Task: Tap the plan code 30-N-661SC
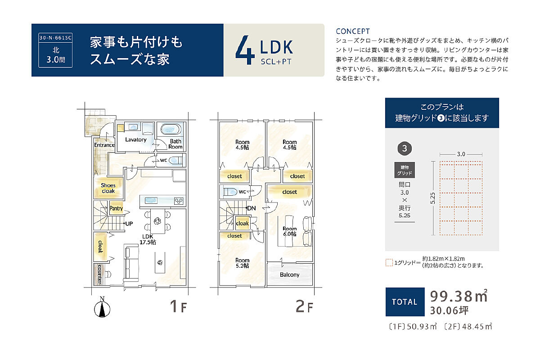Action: pyautogui.click(x=55, y=38)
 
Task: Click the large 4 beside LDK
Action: pyautogui.click(x=245, y=50)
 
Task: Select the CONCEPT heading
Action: pyautogui.click(x=353, y=31)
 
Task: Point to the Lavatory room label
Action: pyautogui.click(x=136, y=139)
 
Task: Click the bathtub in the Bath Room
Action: pyautogui.click(x=171, y=129)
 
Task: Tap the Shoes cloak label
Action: pyautogui.click(x=108, y=188)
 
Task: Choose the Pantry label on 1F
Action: pyautogui.click(x=116, y=208)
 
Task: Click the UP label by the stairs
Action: pyautogui.click(x=129, y=224)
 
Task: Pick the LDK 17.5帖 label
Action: pyautogui.click(x=148, y=239)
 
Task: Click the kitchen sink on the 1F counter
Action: pyautogui.click(x=151, y=200)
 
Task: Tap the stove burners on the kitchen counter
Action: pyautogui.click(x=179, y=201)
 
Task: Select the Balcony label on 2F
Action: pyautogui.click(x=289, y=274)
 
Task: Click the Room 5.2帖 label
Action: pyautogui.click(x=242, y=263)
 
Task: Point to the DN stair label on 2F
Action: pyautogui.click(x=252, y=208)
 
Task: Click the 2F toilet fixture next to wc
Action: pyautogui.click(x=230, y=192)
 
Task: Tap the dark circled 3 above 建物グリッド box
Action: pyautogui.click(x=405, y=148)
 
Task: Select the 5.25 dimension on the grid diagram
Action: pyautogui.click(x=433, y=198)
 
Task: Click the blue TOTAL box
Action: pyautogui.click(x=405, y=301)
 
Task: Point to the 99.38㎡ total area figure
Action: pyautogui.click(x=459, y=296)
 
